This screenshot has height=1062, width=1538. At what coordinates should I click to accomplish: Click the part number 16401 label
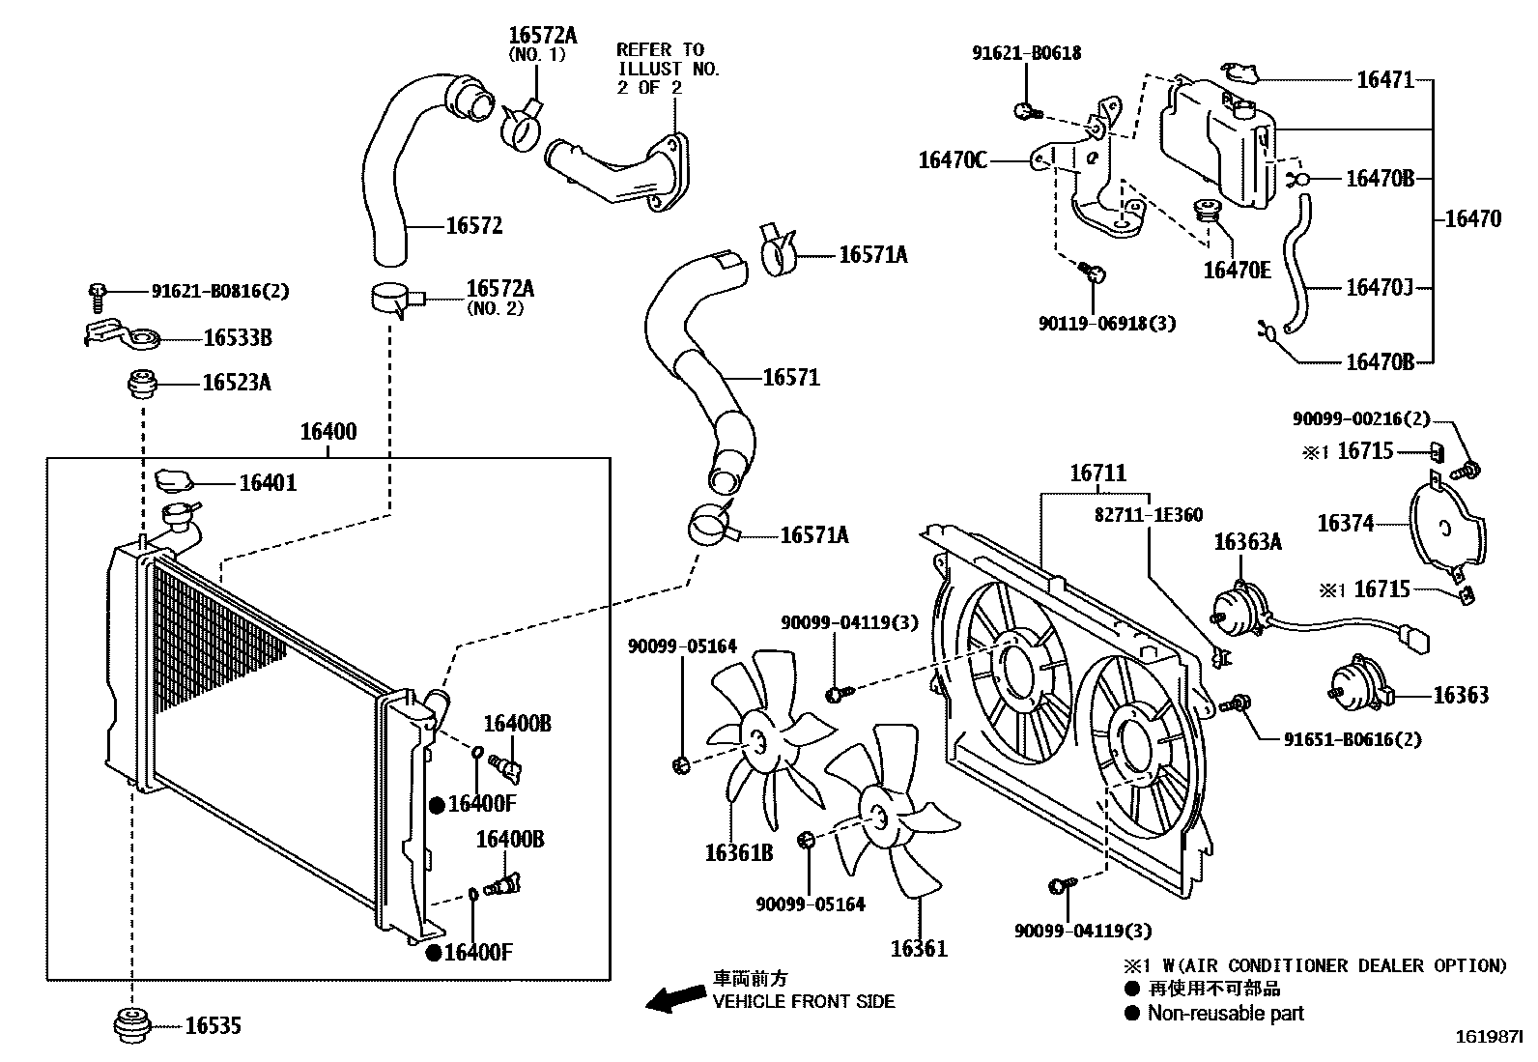tap(268, 482)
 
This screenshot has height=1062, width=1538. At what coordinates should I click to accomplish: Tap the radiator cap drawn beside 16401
tap(175, 478)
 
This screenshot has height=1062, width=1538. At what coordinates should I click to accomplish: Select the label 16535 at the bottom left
tap(213, 1026)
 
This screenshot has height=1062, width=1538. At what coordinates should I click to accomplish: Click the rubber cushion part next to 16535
tap(129, 1025)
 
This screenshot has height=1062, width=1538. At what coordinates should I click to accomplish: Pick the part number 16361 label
tap(919, 949)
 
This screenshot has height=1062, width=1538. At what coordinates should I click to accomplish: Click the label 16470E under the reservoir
tap(1237, 270)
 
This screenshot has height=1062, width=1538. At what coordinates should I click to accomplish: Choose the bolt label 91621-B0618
tap(1026, 54)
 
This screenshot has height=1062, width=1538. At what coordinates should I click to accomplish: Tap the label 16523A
tap(236, 384)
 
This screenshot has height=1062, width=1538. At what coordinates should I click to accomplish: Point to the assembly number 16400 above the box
tap(328, 432)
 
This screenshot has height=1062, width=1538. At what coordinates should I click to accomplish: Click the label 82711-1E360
tap(1148, 515)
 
